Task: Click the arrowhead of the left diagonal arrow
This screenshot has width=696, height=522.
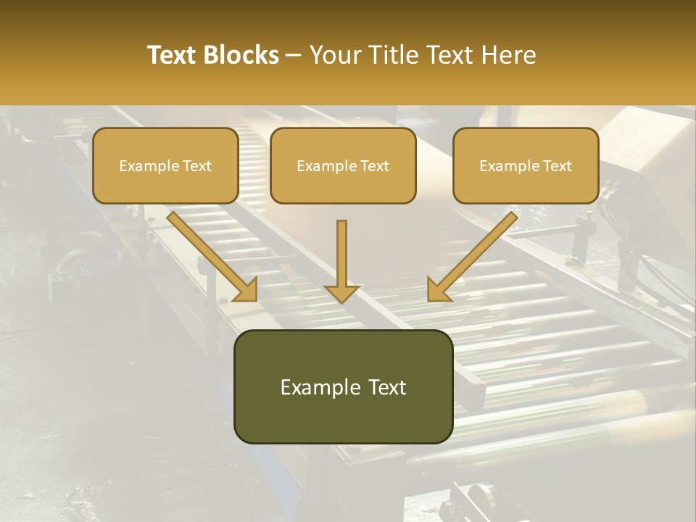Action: click(x=246, y=290)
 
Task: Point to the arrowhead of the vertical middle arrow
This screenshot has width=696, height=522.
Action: click(x=341, y=294)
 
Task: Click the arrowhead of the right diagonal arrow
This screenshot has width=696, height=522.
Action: click(x=438, y=290)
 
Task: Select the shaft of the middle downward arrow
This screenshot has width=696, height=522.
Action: click(x=341, y=250)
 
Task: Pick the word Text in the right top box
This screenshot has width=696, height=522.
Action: click(x=557, y=166)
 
